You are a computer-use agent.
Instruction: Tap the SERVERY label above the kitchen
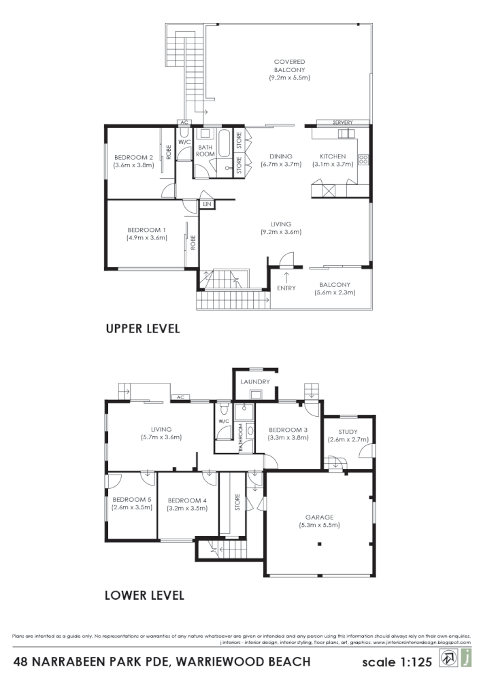coord(343,122)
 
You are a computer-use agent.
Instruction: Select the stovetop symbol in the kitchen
coord(363,160)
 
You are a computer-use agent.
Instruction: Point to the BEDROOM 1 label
coord(146,229)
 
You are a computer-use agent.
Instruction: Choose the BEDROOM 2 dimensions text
coord(133,165)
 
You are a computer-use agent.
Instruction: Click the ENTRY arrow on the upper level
coord(286,277)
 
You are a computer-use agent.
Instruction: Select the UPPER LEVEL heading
coord(143,328)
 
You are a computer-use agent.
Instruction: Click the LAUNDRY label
coord(255,382)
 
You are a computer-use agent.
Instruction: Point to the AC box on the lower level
coord(180,397)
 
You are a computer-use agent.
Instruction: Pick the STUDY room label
coord(347,430)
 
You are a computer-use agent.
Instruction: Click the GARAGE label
coord(319,517)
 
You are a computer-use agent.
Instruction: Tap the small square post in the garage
coord(318,545)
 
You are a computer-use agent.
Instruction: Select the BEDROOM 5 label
coord(131,499)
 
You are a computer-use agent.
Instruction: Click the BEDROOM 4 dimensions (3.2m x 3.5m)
coord(187,508)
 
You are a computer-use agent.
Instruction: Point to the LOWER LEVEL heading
coord(144,596)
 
